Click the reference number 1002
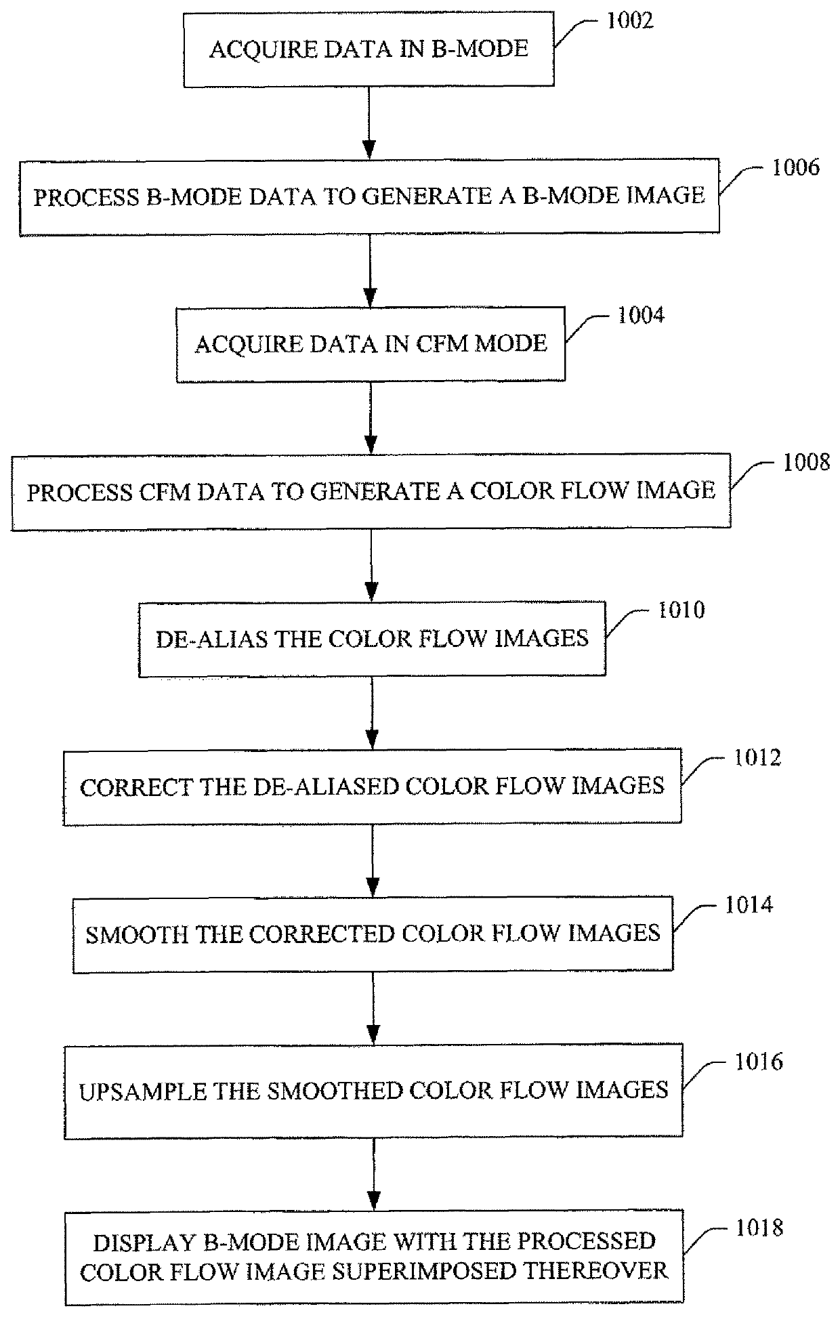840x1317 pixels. coord(629,21)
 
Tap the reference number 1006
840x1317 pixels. coord(795,168)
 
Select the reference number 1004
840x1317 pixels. coord(640,315)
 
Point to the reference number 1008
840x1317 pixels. coord(806,463)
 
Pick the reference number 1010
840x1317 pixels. coord(681,610)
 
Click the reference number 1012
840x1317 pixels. coord(757,757)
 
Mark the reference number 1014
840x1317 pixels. coord(749,905)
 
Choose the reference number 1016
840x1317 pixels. coord(759,1062)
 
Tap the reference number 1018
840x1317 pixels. coord(759,1228)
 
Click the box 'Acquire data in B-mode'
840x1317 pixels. coord(369,49)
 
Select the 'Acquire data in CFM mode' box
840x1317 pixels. coord(371,344)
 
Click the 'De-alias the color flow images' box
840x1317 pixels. coord(372,639)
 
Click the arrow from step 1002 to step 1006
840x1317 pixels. coord(369,122)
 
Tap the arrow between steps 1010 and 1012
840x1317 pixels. coord(372,712)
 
